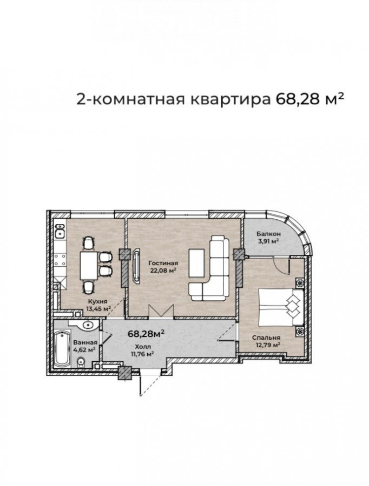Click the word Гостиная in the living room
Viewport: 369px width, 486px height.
163,263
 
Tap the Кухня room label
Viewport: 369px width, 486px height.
97,301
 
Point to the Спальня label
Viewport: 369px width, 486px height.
266,337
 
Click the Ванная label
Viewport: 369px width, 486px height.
85,342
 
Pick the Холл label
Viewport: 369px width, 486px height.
143,347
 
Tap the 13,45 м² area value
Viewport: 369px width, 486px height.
98,308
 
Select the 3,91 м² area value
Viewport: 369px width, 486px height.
267,241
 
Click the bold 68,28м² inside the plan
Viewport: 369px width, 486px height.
146,334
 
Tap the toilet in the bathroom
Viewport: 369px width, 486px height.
81,361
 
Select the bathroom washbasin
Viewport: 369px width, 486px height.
88,326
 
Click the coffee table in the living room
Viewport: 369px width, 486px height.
196,264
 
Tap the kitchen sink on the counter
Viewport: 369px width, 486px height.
60,230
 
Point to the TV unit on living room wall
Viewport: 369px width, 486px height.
136,265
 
